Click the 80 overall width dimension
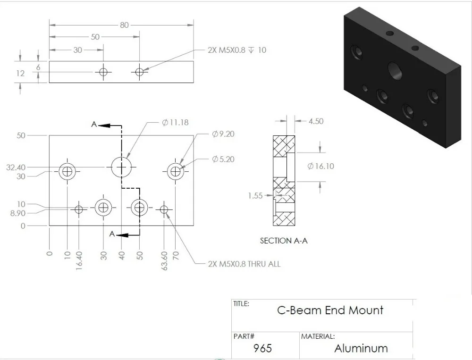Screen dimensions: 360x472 tap(124, 25)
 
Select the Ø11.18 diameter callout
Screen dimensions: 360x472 tap(175, 122)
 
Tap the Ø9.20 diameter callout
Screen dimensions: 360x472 tap(223, 134)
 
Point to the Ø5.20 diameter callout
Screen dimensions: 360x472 tap(223, 159)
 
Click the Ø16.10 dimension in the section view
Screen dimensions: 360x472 tap(320, 166)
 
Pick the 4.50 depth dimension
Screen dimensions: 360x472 tap(316, 121)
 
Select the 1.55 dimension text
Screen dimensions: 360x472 tap(256, 195)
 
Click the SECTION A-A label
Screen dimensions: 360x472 tap(284, 241)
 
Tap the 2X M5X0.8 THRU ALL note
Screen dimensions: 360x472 tap(244, 264)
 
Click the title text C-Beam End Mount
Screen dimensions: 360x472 tap(330, 310)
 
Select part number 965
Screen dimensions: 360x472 tap(262, 348)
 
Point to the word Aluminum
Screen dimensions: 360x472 tap(361, 349)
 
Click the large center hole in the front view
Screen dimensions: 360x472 tap(122, 167)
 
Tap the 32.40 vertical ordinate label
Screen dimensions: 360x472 tap(16, 167)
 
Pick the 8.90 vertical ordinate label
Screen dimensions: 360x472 tap(17, 213)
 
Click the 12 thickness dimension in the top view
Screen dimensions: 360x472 tap(20, 73)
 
